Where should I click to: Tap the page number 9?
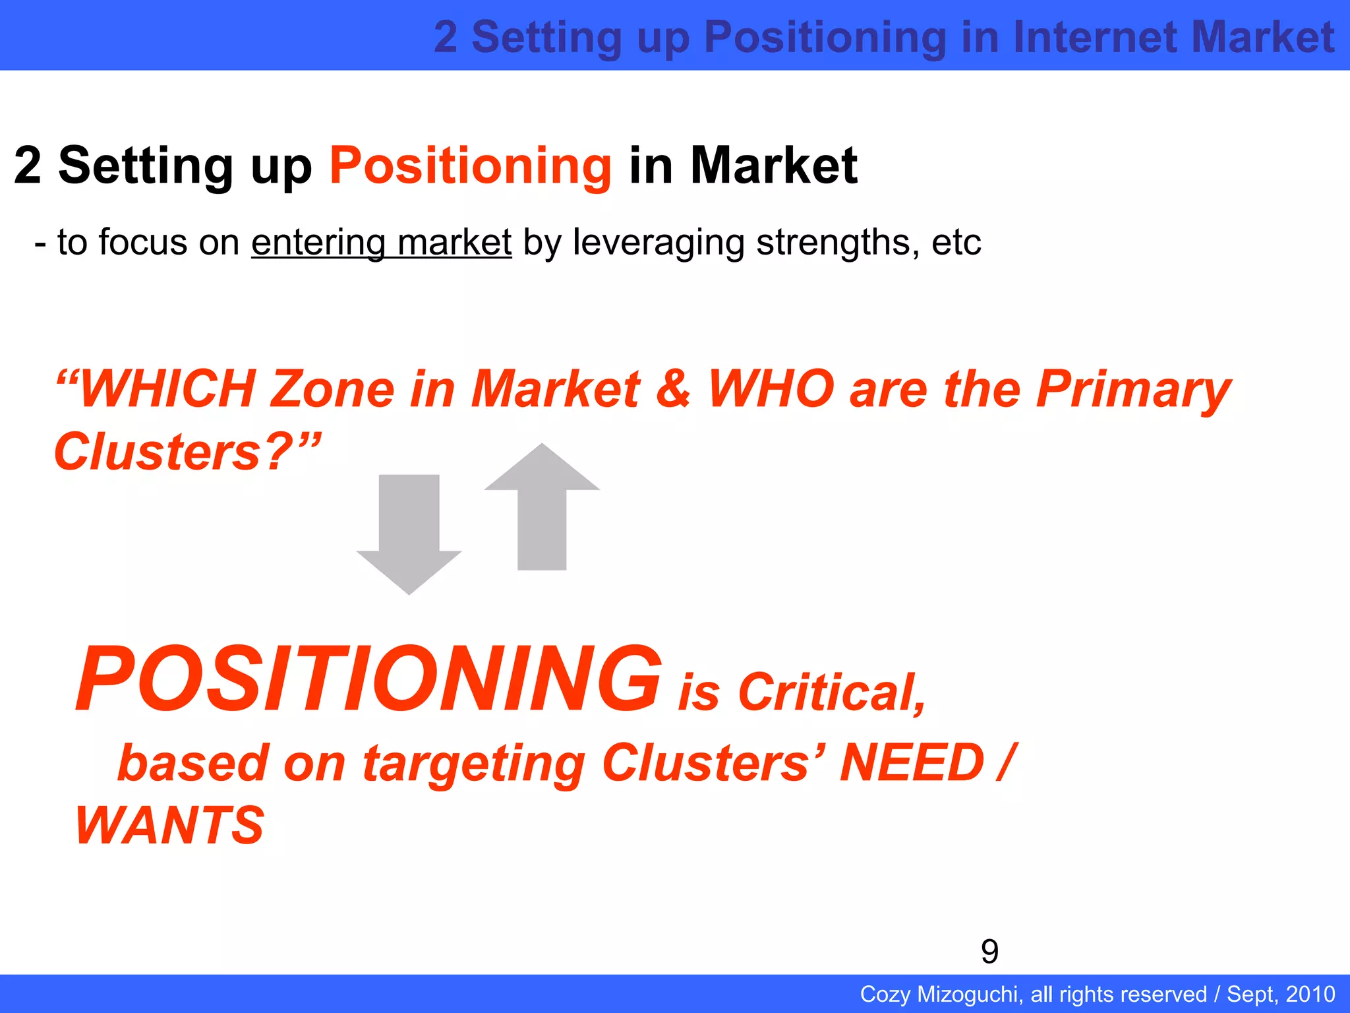tap(989, 951)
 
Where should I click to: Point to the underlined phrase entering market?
tap(381, 242)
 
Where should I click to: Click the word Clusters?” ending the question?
tap(187, 452)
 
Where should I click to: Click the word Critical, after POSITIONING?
tap(832, 692)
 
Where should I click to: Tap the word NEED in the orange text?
tap(912, 762)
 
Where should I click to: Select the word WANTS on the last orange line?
tap(170, 825)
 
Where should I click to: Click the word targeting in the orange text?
tap(473, 764)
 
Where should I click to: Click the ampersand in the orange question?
tap(674, 389)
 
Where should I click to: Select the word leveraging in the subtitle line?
tap(659, 242)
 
